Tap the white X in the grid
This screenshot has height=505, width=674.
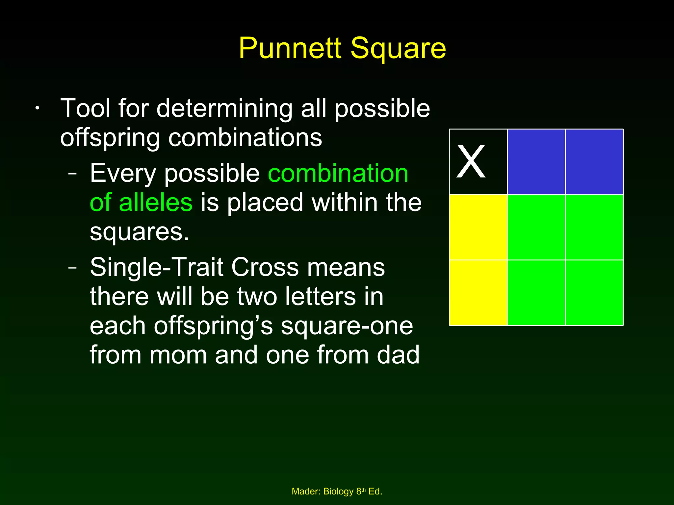(471, 162)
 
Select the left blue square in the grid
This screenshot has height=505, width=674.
(536, 162)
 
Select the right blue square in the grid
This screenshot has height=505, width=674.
(594, 162)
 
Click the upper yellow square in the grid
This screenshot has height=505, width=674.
(478, 227)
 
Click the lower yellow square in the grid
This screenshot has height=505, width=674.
(478, 293)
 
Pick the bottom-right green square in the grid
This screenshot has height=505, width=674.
(594, 293)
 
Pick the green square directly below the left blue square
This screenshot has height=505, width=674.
(536, 227)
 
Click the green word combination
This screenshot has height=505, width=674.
(338, 173)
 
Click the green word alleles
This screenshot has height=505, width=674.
(155, 203)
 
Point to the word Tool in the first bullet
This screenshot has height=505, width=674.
(85, 108)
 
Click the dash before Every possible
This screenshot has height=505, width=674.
(72, 174)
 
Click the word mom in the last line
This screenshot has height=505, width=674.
(178, 355)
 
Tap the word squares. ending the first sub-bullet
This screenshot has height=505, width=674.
(139, 232)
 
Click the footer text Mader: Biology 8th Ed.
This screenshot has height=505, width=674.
(337, 492)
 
